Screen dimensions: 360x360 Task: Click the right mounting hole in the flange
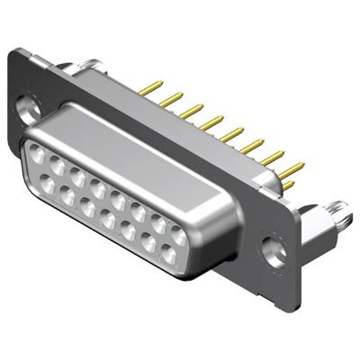point(268,244)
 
